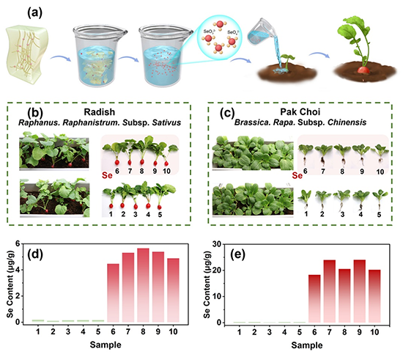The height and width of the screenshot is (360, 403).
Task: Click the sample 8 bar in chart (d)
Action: tap(143, 285)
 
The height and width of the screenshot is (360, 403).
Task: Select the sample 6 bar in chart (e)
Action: tap(314, 299)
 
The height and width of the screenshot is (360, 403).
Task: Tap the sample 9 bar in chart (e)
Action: tap(359, 291)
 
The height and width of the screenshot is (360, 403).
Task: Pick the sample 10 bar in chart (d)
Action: tap(173, 290)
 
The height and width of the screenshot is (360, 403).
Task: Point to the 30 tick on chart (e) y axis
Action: tap(217, 244)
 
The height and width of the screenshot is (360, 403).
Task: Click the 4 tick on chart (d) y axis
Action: tap(18, 270)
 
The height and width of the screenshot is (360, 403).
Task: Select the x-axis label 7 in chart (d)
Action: tap(127, 331)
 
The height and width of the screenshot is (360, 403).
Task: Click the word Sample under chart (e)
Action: tap(306, 345)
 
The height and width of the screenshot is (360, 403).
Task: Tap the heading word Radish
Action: tap(99, 112)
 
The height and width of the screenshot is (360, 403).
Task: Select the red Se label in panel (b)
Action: tap(107, 175)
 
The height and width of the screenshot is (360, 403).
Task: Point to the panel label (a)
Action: tap(34, 13)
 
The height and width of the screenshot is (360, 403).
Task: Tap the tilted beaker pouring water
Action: tap(259, 31)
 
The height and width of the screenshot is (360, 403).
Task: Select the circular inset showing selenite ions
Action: tap(220, 37)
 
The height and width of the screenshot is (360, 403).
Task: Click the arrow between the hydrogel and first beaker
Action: tap(60, 59)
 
